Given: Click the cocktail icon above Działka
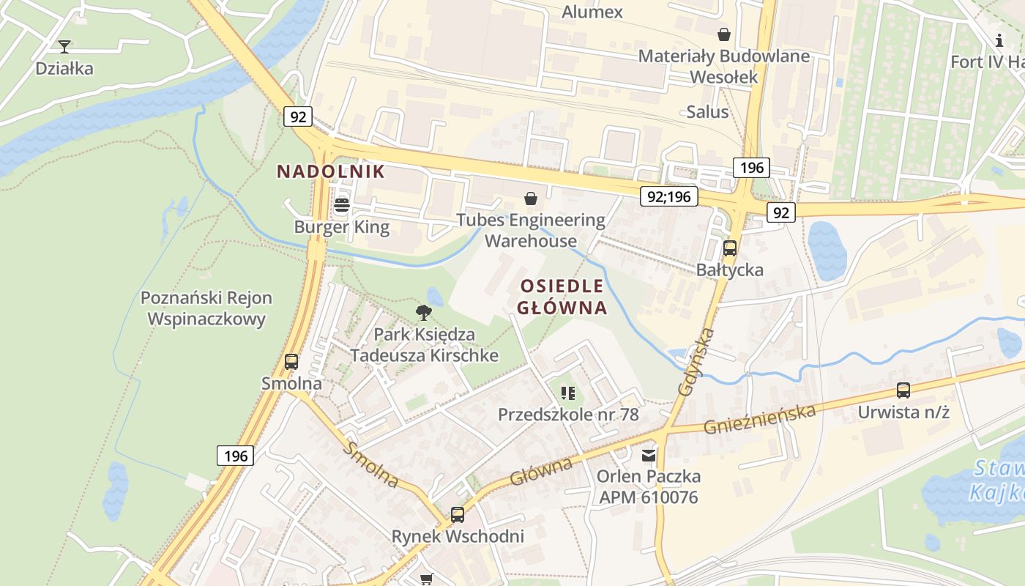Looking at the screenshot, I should point(64,47).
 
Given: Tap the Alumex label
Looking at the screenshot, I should point(592,12).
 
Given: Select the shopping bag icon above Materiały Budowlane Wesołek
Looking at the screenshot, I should point(724,34).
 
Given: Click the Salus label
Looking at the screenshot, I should point(707,111).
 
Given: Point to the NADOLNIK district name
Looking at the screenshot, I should point(330,171).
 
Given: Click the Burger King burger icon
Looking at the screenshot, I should point(342,205).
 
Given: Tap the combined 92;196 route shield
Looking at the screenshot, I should point(668,196).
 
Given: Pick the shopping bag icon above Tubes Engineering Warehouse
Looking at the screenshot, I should point(531,199).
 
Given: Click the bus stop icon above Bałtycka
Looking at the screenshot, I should point(730,248).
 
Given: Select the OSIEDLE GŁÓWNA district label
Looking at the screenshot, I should point(562,297).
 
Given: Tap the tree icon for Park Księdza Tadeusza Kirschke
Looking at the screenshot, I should point(424,314).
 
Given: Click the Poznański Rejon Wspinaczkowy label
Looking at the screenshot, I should point(206,308).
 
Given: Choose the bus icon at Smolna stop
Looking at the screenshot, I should point(291,362).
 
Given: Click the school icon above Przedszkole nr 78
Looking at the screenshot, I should point(567,393).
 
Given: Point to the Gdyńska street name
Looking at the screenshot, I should point(696,362).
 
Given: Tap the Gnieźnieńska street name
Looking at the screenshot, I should point(759,418).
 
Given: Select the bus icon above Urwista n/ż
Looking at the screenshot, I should point(903,390).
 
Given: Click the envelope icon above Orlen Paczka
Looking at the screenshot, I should point(649,456).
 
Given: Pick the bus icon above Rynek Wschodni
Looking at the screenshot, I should point(458,515).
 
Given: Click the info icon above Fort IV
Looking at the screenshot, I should point(1000,40).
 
